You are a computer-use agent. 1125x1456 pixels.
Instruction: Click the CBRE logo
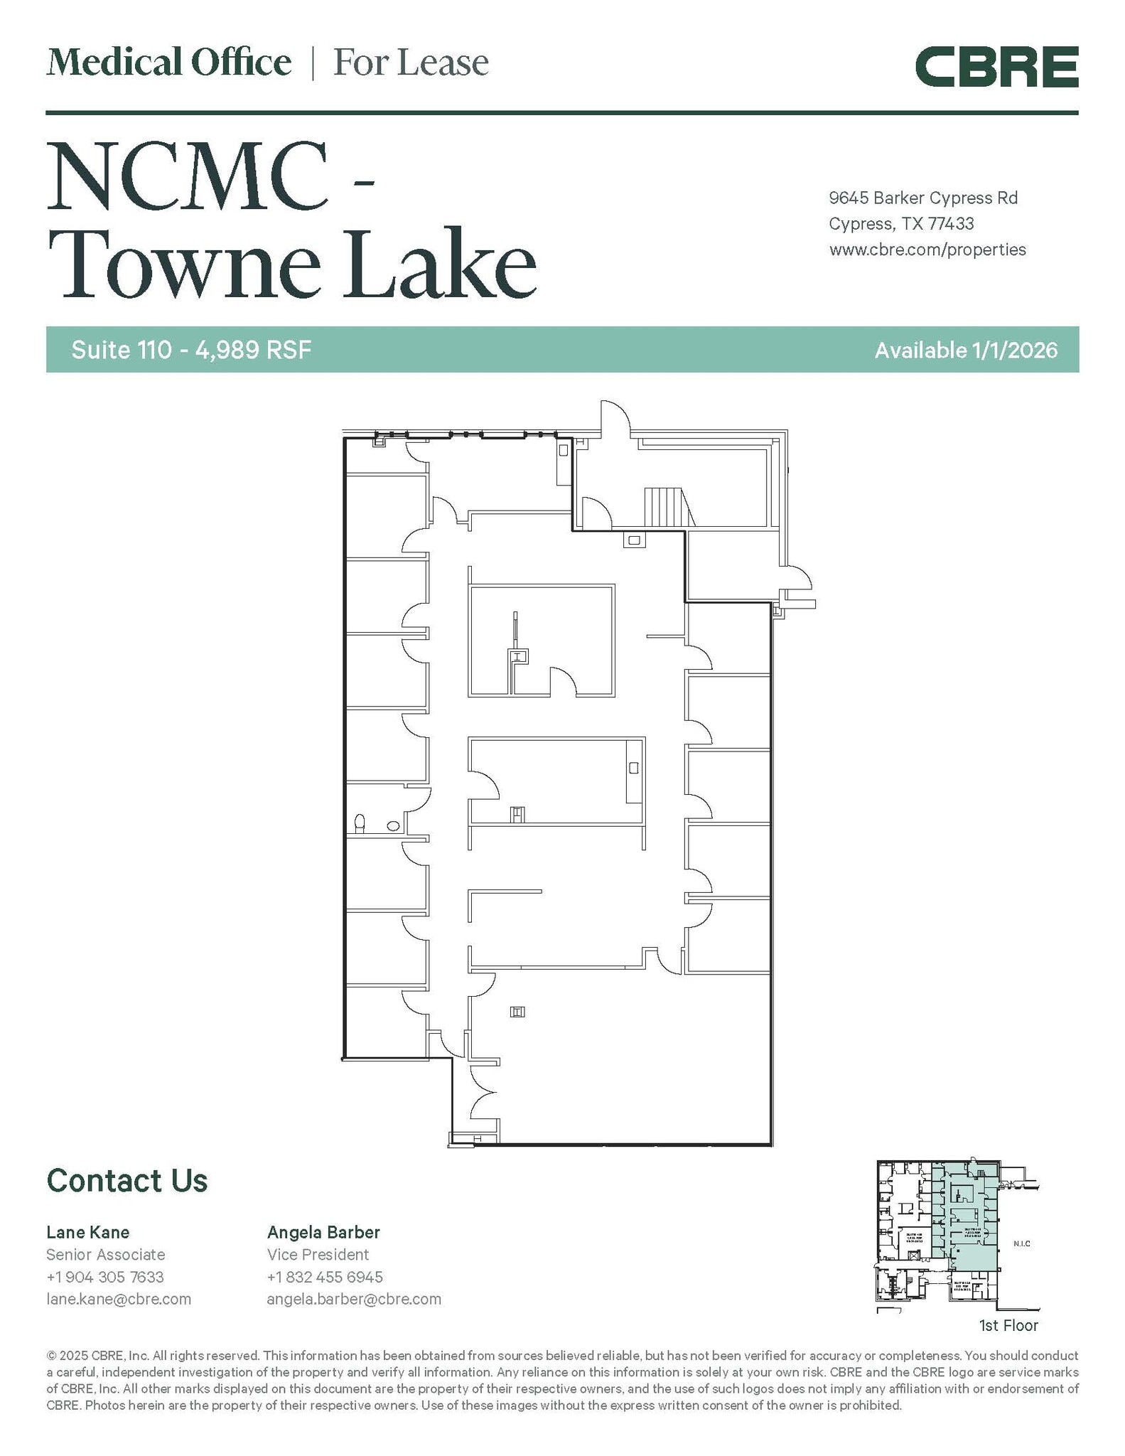tap(996, 67)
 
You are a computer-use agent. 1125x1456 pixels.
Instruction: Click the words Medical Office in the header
tap(169, 63)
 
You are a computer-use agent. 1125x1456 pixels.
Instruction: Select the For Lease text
tap(411, 63)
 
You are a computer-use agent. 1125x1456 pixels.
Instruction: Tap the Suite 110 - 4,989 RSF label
tap(191, 350)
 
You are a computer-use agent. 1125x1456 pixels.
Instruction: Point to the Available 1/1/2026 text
tap(966, 350)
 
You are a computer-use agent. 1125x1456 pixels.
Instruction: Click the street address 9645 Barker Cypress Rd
tap(923, 198)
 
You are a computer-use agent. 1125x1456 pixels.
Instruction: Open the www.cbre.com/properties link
tap(927, 250)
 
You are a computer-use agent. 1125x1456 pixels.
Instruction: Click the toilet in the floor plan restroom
tap(360, 823)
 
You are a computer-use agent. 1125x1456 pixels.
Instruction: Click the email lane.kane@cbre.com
tap(119, 1299)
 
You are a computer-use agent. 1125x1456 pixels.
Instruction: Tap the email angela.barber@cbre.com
tap(354, 1299)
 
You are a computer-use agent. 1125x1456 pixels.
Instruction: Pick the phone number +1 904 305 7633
tap(105, 1277)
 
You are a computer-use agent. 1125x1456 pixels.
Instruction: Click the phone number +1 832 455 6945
tap(325, 1277)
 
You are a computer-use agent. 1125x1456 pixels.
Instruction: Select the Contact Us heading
tap(127, 1181)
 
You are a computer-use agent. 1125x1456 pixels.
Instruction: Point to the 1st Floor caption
tap(1008, 1325)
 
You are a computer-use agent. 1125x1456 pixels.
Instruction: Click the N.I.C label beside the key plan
tap(1021, 1243)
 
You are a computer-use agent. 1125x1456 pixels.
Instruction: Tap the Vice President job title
tap(318, 1255)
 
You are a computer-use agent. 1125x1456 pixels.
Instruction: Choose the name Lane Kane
tap(88, 1232)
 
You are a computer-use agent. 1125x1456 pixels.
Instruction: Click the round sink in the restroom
tap(393, 826)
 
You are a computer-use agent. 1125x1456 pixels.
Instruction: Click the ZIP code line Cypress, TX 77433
tap(901, 224)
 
